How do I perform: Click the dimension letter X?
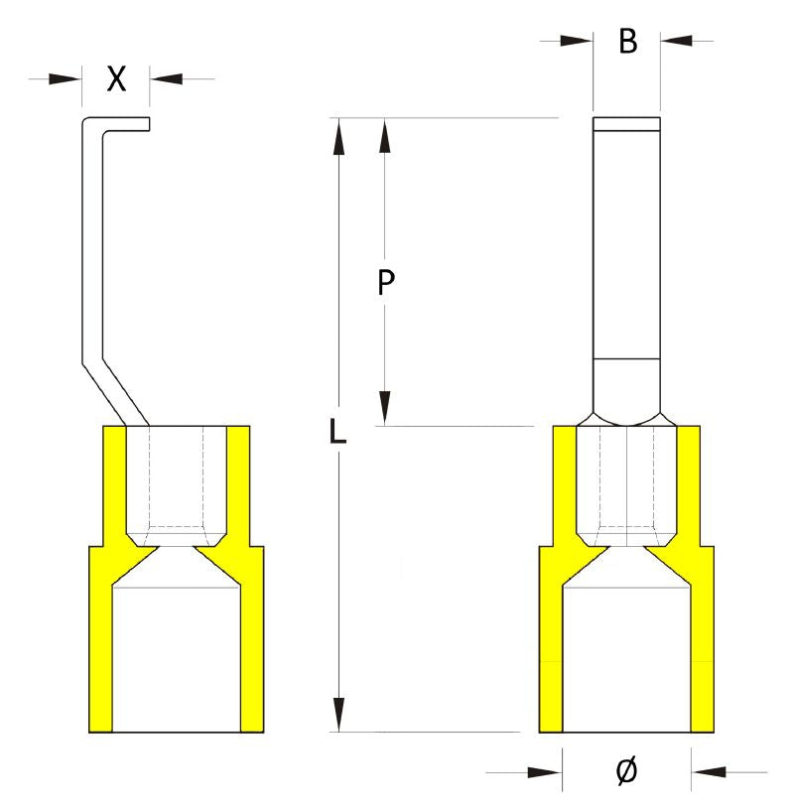(116, 79)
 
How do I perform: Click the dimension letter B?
(626, 42)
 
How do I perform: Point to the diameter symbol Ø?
(626, 770)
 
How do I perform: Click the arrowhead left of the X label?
(68, 78)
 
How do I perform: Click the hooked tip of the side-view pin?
(139, 124)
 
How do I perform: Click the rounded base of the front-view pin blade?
(625, 392)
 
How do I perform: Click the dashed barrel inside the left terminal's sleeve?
(175, 481)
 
